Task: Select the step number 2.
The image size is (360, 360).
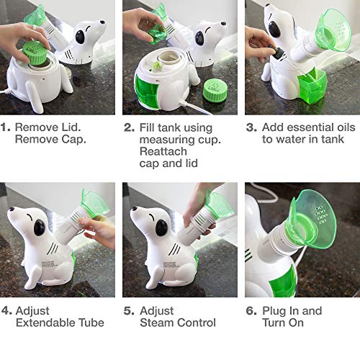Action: click(x=128, y=127)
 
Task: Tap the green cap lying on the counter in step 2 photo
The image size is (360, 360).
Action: click(x=215, y=90)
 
